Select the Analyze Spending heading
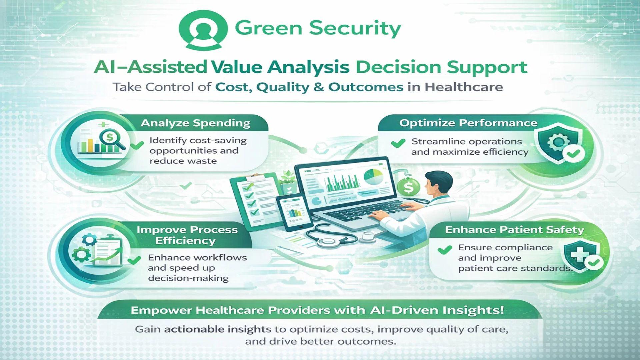coord(195,123)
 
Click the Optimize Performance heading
coord(468,123)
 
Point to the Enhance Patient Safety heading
coord(514,230)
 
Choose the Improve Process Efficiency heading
coord(187,235)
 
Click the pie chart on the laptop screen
coord(373,177)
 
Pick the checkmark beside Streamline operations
coord(398,143)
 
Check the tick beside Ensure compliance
coord(445,250)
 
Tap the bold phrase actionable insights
coord(218,329)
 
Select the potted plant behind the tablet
coord(287,182)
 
